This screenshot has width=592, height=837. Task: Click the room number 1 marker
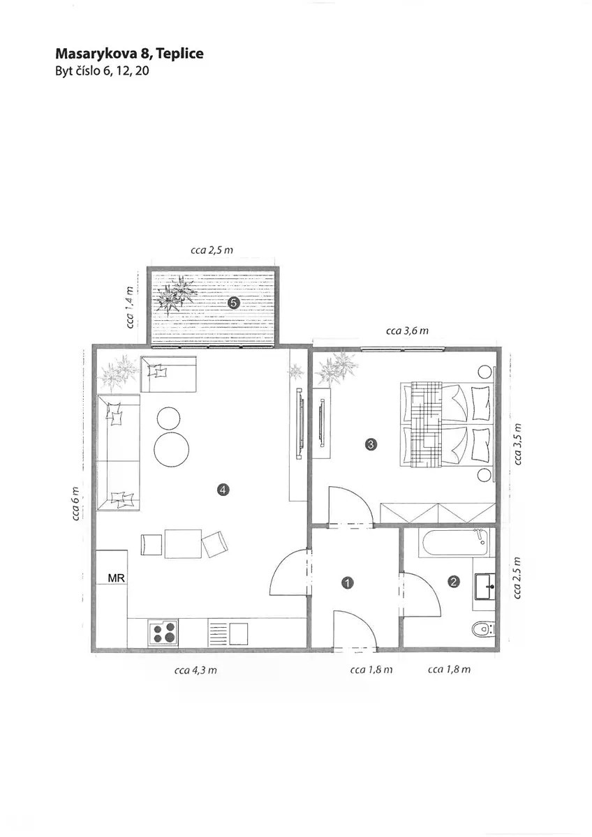[348, 582]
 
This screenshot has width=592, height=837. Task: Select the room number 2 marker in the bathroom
[454, 582]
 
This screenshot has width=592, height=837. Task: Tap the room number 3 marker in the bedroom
[371, 444]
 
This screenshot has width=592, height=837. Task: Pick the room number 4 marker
[223, 490]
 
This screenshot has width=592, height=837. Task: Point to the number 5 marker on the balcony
[233, 303]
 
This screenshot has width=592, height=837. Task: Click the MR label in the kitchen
[117, 578]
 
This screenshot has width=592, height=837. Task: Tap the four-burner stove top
[163, 632]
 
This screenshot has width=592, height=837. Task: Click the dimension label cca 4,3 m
[195, 670]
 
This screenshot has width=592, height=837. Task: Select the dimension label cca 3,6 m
[407, 331]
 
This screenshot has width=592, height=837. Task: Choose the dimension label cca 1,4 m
[129, 307]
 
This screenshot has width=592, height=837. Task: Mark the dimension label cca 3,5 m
[517, 444]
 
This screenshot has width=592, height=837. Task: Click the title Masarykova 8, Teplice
[129, 54]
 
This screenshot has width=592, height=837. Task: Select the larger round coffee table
[172, 448]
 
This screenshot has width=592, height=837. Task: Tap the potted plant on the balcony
[176, 294]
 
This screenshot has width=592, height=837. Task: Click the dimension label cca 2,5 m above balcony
[212, 250]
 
